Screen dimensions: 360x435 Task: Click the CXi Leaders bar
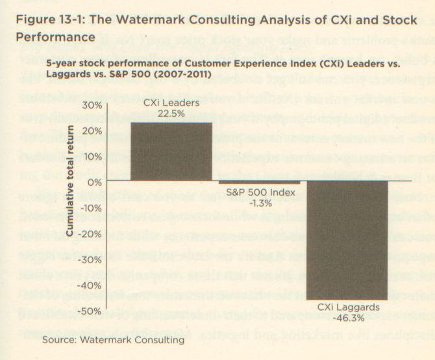tap(171, 151)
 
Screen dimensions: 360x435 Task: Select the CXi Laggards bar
tap(347, 240)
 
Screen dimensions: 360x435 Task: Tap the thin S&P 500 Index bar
tap(258, 183)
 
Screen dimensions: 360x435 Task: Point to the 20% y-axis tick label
tap(93, 131)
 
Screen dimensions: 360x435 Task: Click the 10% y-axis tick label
tap(93, 157)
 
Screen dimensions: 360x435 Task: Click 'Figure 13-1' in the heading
tap(43, 20)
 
